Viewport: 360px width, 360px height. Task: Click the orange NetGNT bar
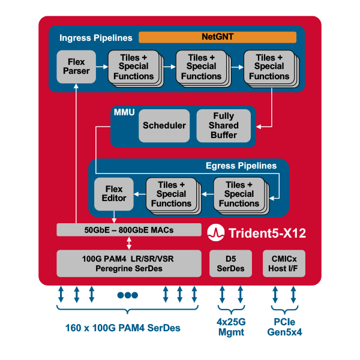(x=217, y=37)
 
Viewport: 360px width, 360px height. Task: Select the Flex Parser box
(x=77, y=67)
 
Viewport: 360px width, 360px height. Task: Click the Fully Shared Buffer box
(x=223, y=125)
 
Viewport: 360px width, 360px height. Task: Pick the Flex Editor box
(x=114, y=193)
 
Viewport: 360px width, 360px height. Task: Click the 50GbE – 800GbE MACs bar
(x=128, y=230)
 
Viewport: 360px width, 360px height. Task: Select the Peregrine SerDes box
(x=128, y=263)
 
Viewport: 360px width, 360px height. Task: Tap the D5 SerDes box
(x=230, y=263)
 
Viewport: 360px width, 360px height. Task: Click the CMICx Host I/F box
(x=284, y=263)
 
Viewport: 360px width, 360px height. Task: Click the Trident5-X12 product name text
(x=267, y=233)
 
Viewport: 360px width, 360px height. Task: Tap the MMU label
(x=124, y=112)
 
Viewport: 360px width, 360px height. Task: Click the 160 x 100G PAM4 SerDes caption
(x=123, y=328)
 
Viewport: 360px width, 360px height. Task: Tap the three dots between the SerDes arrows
(x=128, y=295)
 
